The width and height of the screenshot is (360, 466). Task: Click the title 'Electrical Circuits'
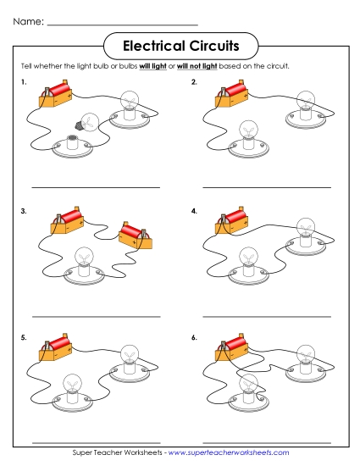pos(180,43)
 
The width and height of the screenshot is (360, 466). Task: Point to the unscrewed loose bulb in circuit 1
pos(87,122)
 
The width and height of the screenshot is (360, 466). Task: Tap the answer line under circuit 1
pos(95,187)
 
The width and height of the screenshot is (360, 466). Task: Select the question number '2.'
pos(194,83)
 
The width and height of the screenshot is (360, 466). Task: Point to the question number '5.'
pos(25,337)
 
